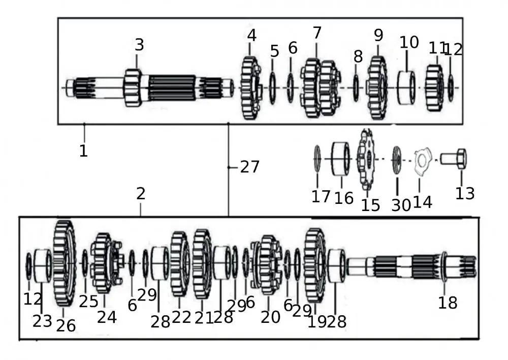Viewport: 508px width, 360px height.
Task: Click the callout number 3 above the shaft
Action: tap(139, 45)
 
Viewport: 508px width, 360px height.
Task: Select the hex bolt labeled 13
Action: tap(454, 159)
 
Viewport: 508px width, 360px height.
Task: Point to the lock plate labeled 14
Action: tap(422, 160)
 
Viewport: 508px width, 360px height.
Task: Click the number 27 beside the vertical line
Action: tap(249, 167)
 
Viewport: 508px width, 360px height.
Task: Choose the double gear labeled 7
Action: tap(320, 88)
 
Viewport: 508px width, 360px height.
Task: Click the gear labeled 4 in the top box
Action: tap(250, 88)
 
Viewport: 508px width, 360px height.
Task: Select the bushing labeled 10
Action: tap(406, 88)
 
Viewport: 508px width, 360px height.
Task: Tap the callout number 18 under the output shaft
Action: tap(448, 304)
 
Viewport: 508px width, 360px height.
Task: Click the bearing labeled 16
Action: tap(341, 159)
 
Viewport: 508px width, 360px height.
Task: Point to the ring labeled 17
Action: tap(317, 159)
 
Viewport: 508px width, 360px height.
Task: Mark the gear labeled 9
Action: tap(377, 88)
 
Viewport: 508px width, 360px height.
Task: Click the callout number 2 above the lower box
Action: tap(141, 194)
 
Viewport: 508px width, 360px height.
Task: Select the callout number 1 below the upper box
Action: tap(83, 151)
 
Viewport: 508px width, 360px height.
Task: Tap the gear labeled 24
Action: tap(104, 263)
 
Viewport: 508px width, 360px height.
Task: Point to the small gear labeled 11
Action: tap(434, 88)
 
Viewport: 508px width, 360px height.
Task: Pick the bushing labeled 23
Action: tap(42, 265)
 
